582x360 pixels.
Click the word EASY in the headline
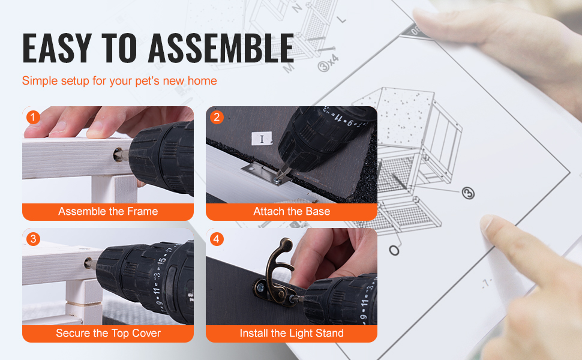pyautogui.click(x=57, y=48)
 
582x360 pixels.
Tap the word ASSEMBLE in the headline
pyautogui.click(x=221, y=48)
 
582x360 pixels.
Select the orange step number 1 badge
pyautogui.click(x=33, y=117)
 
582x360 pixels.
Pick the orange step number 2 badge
pyautogui.click(x=217, y=117)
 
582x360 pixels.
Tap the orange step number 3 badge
pyautogui.click(x=33, y=239)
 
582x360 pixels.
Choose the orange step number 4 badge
pyautogui.click(x=217, y=239)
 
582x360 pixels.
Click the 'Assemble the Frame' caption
pyautogui.click(x=108, y=212)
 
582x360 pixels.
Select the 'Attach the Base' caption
pyautogui.click(x=292, y=212)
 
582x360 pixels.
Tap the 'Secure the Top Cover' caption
pyautogui.click(x=108, y=333)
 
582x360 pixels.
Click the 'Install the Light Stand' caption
pyautogui.click(x=292, y=333)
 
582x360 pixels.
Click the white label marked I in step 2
pyautogui.click(x=262, y=139)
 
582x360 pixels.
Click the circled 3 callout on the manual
pyautogui.click(x=468, y=193)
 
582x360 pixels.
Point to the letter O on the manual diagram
pyautogui.click(x=394, y=251)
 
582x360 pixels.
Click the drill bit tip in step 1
pyautogui.click(x=118, y=155)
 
